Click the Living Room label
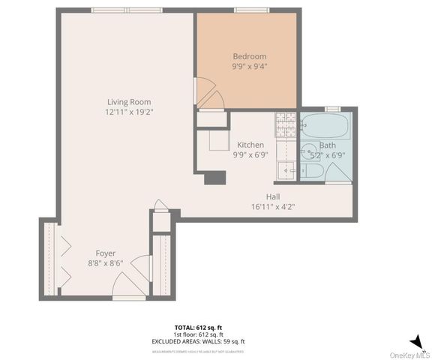point(129,102)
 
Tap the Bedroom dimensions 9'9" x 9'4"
point(250,66)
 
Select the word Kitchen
point(250,145)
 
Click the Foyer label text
point(105,253)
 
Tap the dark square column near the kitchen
point(215,178)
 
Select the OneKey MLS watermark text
point(409,354)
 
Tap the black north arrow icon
point(417,342)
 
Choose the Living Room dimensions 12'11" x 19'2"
point(129,112)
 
